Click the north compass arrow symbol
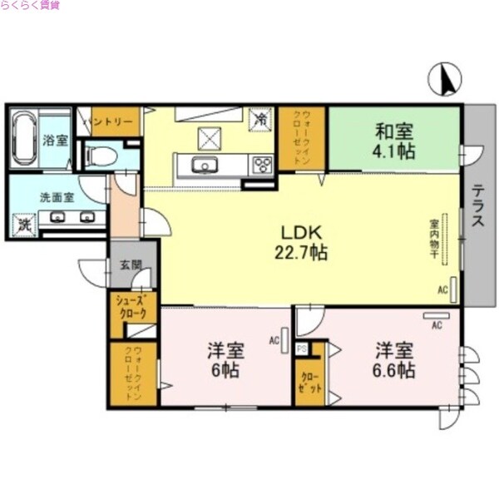point(444,79)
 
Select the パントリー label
point(111,121)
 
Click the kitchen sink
point(204,166)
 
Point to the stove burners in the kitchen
point(263,165)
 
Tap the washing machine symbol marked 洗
point(24,224)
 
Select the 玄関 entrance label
point(132,265)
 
